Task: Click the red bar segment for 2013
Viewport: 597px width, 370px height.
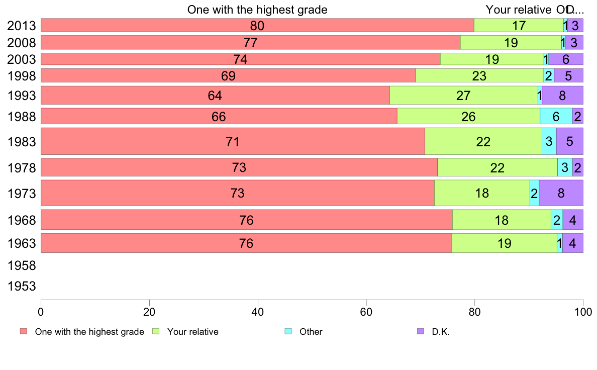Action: coord(257,25)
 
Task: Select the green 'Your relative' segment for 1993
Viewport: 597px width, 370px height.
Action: coord(463,95)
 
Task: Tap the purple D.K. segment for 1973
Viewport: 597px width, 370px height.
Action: coord(561,193)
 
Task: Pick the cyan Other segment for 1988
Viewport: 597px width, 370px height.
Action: coord(556,116)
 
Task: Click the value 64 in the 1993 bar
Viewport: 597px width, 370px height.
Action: coord(215,95)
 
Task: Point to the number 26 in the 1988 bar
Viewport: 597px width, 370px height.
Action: coord(468,116)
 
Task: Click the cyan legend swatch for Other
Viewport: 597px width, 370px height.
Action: coord(288,331)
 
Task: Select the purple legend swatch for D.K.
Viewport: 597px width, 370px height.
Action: coord(421,331)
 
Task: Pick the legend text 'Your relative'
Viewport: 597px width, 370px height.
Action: coord(193,332)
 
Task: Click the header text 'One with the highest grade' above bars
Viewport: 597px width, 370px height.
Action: coord(257,10)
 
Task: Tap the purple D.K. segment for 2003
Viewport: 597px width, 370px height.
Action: coord(566,59)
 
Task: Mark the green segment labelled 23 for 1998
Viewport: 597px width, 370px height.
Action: coord(479,75)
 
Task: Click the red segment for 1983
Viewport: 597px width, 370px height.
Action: coord(233,141)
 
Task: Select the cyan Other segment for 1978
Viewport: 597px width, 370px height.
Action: coord(565,167)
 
